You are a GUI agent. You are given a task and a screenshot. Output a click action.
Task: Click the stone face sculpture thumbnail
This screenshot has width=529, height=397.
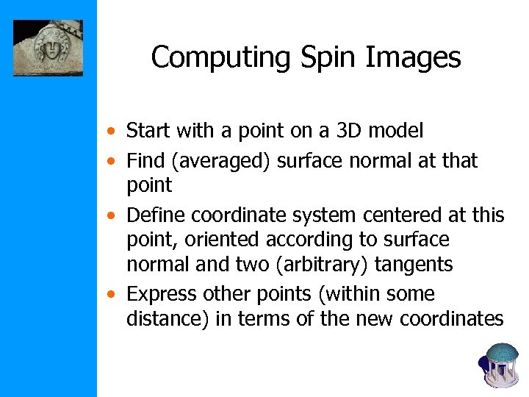point(48,48)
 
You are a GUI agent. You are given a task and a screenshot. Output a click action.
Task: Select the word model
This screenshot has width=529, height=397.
point(396,131)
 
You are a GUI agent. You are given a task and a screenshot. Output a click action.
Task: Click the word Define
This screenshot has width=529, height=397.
point(154,215)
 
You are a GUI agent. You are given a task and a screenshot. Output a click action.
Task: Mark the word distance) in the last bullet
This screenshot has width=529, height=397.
point(168,318)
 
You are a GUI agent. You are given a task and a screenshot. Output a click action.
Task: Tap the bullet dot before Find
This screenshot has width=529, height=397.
point(109,161)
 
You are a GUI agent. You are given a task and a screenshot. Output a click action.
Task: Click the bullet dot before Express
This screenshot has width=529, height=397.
point(109,295)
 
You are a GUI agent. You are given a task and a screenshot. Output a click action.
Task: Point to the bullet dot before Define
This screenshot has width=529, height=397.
point(109,216)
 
